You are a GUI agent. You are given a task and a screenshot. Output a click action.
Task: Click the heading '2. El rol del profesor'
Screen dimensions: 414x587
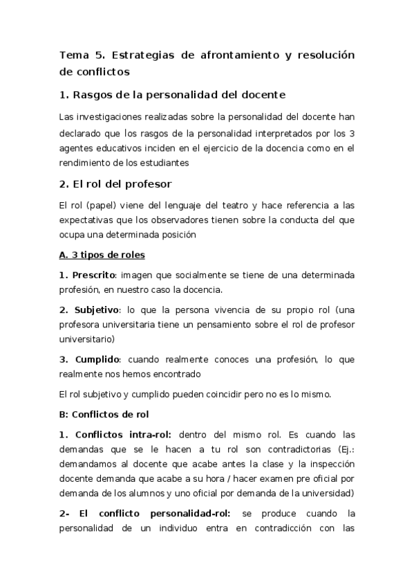point(115,184)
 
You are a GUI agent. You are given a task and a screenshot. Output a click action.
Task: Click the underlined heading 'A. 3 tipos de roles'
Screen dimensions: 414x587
point(102,255)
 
